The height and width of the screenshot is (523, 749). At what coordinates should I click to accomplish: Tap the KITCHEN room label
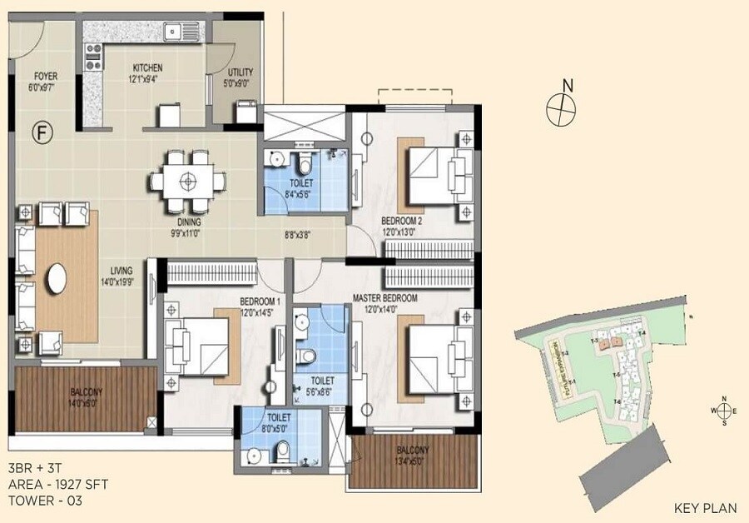pyautogui.click(x=146, y=68)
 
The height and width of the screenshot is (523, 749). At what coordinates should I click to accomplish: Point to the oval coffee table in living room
pyautogui.click(x=57, y=278)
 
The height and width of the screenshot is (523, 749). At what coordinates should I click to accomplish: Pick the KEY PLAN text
pyautogui.click(x=702, y=507)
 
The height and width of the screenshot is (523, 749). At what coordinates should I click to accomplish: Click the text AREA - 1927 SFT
pyautogui.click(x=57, y=484)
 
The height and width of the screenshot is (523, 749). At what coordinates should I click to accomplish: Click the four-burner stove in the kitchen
pyautogui.click(x=92, y=57)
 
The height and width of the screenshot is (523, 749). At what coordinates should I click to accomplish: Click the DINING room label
pyautogui.click(x=189, y=222)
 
